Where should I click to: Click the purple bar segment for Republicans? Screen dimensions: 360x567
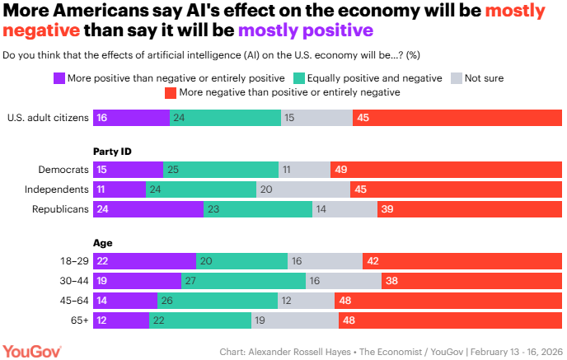point(148,209)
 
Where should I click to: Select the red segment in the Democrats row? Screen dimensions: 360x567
point(446,170)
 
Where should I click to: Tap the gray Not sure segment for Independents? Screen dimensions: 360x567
point(303,189)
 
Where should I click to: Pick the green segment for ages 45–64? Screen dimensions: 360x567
point(218,300)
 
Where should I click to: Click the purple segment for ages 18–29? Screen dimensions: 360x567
point(144,260)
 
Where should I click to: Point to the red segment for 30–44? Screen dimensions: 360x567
point(471,280)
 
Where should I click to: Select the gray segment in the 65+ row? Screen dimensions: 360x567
point(294,320)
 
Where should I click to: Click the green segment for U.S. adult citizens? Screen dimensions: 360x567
point(225,117)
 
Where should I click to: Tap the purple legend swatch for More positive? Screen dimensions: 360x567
point(59,78)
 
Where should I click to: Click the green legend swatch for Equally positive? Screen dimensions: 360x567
point(301,78)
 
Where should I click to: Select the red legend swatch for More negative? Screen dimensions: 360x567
point(170,93)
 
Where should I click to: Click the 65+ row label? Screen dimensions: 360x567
point(76,320)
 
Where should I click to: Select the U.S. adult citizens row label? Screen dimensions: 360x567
point(47,117)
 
